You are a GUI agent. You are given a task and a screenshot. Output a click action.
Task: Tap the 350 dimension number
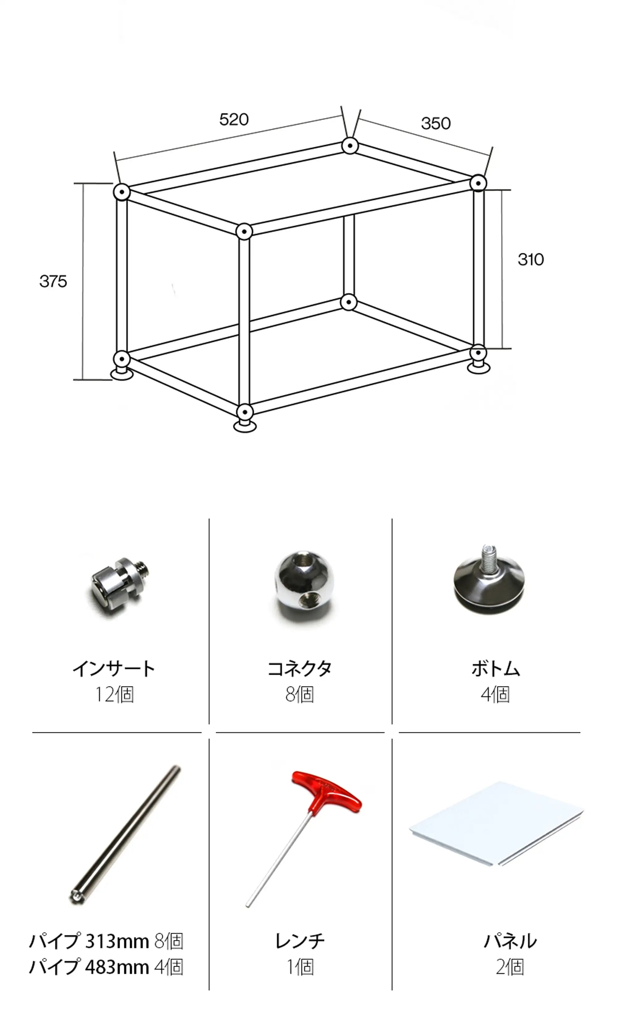coord(436,123)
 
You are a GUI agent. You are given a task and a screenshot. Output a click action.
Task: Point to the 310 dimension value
coord(531,259)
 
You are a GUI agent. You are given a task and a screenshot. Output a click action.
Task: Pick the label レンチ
coord(300,941)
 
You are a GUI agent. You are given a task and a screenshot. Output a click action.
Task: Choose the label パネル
coord(510,941)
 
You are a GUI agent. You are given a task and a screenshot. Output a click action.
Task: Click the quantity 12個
coord(114,695)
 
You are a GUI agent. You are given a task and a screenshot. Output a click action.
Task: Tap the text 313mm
coord(117,941)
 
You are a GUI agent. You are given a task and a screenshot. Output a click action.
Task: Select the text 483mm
coord(117,967)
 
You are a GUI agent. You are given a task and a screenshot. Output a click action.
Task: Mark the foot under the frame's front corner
coord(245,426)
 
